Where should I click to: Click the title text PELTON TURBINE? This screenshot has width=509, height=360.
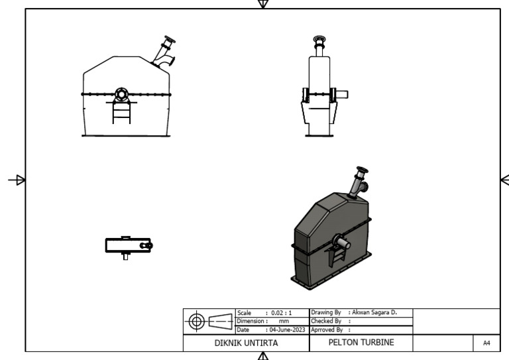[x=361, y=343]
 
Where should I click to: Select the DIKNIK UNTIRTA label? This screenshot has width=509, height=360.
[x=245, y=343]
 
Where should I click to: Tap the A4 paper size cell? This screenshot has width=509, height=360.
[x=486, y=343]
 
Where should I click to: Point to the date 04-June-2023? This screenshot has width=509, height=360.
[x=286, y=329]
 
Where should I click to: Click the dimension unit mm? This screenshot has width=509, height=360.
[x=283, y=321]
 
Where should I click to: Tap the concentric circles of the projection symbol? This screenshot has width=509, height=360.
[x=197, y=322]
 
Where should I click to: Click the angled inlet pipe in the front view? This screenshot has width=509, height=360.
[x=164, y=53]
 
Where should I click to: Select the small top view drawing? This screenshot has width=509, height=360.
[x=128, y=245]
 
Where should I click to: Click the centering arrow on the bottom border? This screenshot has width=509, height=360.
[x=263, y=356]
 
